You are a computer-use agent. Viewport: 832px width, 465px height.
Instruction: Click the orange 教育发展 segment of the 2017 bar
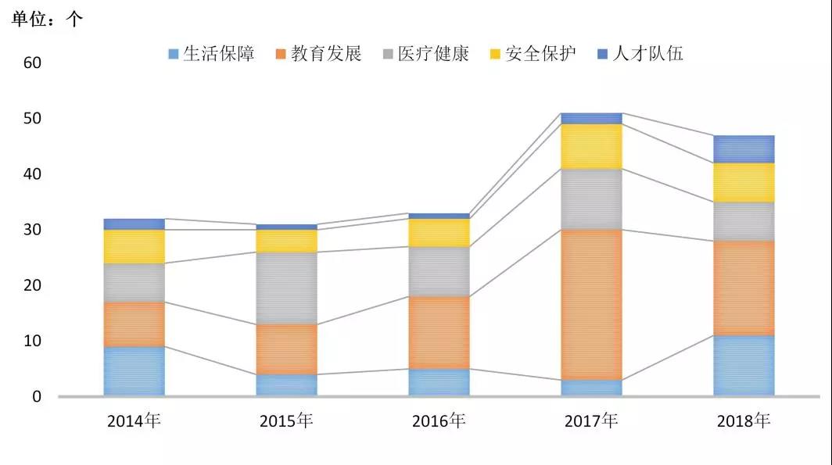point(591,304)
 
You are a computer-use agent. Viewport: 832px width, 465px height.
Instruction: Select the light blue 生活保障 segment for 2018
point(744,366)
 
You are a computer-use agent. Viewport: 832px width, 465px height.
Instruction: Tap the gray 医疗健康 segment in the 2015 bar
point(286,288)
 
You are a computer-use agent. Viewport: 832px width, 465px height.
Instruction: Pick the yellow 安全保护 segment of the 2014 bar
point(134,246)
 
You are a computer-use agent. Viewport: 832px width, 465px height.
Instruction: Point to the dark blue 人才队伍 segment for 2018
point(744,148)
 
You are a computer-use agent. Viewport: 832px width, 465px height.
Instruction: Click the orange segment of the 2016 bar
point(439,332)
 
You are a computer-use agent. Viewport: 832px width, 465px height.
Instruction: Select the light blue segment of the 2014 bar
point(134,371)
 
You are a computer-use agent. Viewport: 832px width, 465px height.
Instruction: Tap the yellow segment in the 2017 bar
point(591,146)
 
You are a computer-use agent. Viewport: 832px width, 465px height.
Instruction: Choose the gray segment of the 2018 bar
point(744,221)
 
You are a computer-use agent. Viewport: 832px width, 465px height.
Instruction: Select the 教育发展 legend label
point(326,54)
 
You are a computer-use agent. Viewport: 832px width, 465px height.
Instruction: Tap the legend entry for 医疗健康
point(433,54)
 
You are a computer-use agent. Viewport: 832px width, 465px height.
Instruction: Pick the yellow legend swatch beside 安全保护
point(494,55)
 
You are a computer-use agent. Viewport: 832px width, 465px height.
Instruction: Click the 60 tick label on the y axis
point(32,63)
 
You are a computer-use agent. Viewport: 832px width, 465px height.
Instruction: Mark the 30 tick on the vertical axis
point(32,230)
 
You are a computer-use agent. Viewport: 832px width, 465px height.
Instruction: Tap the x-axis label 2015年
point(286,420)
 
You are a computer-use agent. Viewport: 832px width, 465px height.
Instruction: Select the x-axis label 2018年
point(744,420)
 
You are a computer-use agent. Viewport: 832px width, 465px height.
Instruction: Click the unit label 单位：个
point(47,20)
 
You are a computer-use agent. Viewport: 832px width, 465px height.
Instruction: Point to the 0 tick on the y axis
point(36,397)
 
